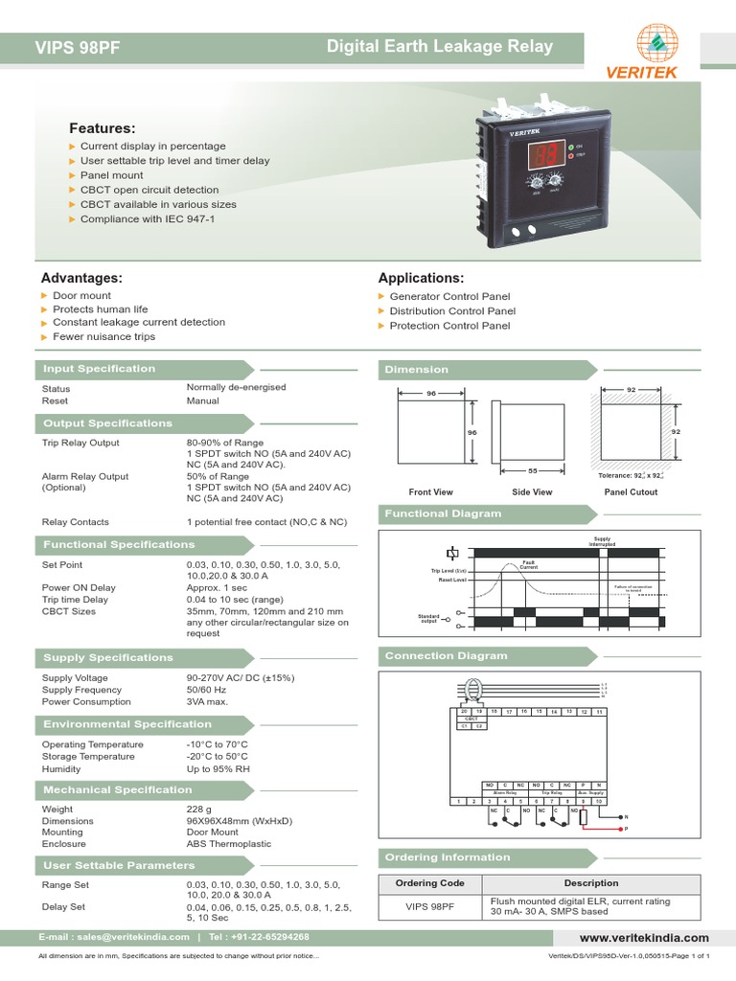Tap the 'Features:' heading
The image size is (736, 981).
click(103, 128)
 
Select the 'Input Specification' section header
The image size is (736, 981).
click(98, 369)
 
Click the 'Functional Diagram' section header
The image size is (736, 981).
click(443, 513)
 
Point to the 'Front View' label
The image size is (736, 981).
click(430, 492)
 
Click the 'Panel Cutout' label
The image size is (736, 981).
click(631, 492)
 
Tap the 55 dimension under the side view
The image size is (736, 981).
click(533, 471)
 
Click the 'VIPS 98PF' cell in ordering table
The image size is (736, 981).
click(430, 907)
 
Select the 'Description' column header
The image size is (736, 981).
click(591, 883)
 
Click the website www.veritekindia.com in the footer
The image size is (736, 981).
click(644, 938)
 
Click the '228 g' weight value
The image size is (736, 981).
click(199, 810)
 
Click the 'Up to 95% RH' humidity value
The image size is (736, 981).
click(218, 768)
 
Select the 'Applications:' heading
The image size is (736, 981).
click(421, 278)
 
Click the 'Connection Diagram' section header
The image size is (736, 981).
click(446, 656)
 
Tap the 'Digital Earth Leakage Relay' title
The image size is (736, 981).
click(440, 46)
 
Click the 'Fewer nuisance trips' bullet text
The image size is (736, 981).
click(103, 337)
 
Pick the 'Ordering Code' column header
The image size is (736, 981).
click(430, 883)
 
